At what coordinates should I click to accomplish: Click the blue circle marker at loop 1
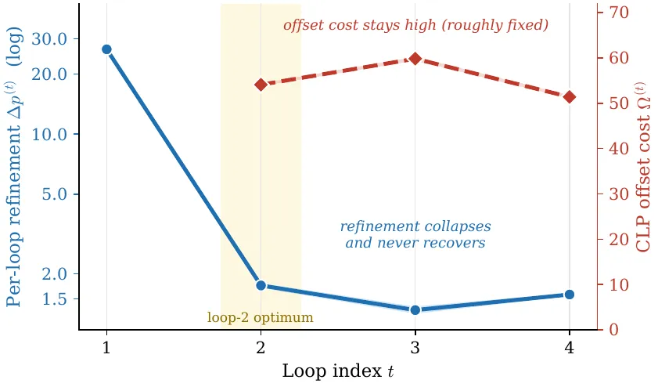[106, 49]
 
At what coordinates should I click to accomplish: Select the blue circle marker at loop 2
[261, 285]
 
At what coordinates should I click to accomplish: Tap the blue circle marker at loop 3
[415, 310]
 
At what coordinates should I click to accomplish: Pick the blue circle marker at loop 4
[570, 295]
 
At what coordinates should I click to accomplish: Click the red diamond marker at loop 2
[261, 85]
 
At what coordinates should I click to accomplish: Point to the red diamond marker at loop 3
[415, 59]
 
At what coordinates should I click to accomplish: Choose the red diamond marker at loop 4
[570, 97]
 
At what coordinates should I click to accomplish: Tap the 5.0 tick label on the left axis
[55, 194]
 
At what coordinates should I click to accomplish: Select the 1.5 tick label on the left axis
[55, 298]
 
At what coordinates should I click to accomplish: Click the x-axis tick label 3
[415, 348]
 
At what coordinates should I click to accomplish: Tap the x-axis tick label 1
[106, 348]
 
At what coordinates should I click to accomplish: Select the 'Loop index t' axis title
[338, 371]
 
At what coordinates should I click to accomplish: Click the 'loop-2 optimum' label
[261, 317]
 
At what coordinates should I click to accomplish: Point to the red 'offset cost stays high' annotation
[416, 25]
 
